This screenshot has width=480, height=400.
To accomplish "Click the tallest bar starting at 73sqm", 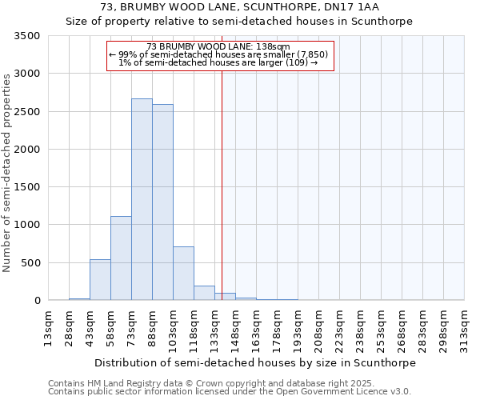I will click(142, 200).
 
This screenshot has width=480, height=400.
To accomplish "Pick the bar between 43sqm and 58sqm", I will click(100, 280).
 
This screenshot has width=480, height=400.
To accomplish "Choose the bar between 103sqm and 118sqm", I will click(183, 274).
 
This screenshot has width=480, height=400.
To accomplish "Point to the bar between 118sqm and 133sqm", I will click(204, 294).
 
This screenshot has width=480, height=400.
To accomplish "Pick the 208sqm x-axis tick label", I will click(319, 329).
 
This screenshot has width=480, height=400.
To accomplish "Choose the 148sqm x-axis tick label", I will click(236, 329).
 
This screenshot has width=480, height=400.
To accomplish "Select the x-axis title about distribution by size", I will click(255, 362).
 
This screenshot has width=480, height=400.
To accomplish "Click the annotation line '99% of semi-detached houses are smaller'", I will click(218, 54).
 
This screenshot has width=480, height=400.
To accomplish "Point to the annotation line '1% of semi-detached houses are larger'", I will click(218, 62).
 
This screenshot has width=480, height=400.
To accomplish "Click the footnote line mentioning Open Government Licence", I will click(230, 392).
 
